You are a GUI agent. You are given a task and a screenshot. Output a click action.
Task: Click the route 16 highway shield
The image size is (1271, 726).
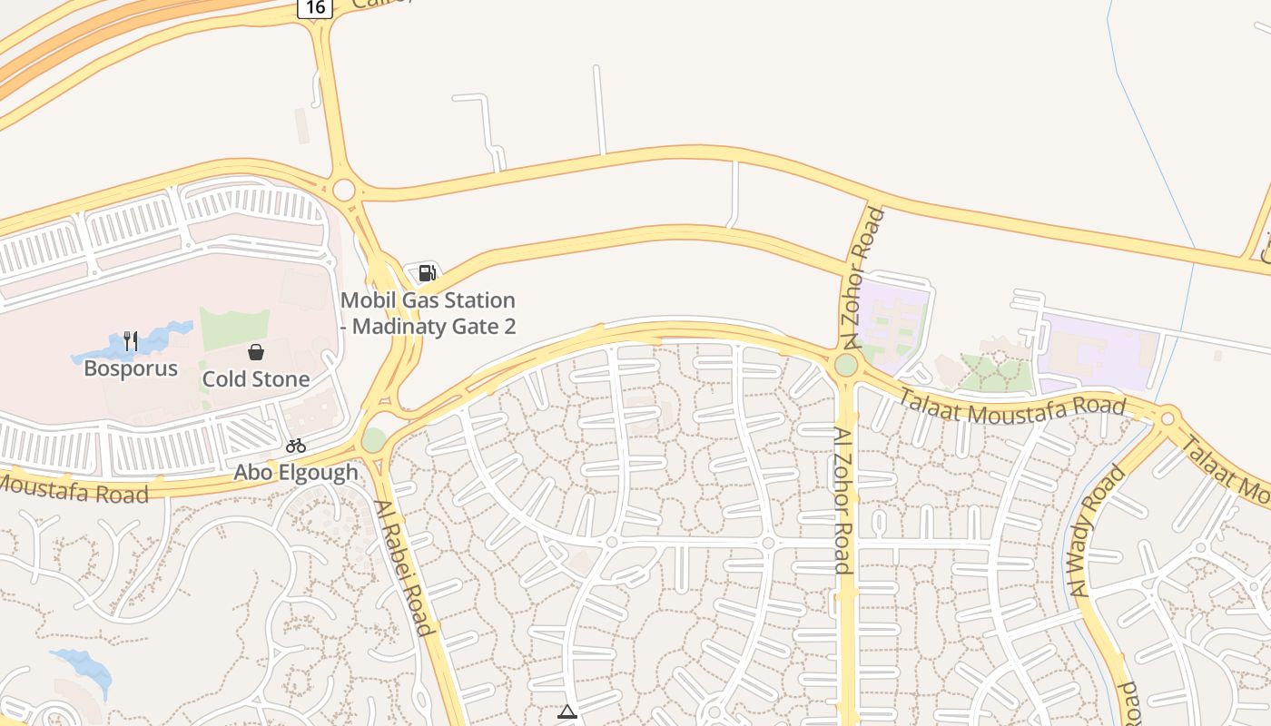(x=315, y=7)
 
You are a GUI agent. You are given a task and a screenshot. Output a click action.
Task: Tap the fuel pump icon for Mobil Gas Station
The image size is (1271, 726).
(x=427, y=272)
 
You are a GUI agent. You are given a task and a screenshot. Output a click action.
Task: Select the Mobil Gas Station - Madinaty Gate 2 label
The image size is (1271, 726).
(x=428, y=313)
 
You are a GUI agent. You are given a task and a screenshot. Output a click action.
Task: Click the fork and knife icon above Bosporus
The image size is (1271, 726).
(x=131, y=341)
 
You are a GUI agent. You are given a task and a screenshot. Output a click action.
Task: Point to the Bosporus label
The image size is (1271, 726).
(x=131, y=368)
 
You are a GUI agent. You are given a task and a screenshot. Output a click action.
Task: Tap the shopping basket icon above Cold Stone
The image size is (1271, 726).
(x=256, y=352)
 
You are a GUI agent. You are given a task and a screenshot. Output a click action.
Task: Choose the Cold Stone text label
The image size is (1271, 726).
(x=256, y=379)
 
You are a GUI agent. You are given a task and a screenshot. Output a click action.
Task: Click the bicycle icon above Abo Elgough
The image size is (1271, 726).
(x=295, y=446)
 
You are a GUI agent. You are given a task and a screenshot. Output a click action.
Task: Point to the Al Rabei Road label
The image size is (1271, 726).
(x=401, y=567)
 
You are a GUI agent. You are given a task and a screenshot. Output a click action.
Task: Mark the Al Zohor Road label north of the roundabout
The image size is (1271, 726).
(x=862, y=279)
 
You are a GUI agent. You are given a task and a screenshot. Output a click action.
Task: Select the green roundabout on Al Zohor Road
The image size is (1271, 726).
(x=845, y=365)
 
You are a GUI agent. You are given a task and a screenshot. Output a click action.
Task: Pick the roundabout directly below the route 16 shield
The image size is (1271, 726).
(x=344, y=190)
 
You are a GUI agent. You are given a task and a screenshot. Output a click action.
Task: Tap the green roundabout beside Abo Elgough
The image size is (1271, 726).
(x=373, y=439)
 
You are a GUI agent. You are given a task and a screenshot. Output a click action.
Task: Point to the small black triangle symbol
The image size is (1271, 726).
(x=567, y=712)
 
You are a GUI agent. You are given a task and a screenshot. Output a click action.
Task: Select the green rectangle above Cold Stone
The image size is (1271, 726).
(x=234, y=328)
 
